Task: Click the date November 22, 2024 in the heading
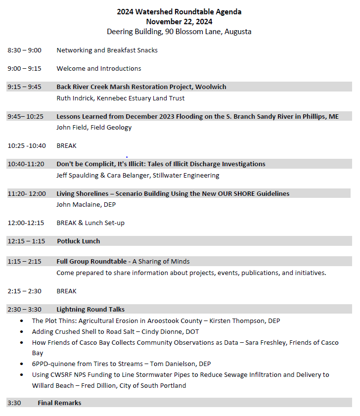[179, 21]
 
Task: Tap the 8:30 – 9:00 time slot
[24, 50]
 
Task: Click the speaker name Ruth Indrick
[75, 98]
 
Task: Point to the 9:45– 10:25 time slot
[25, 116]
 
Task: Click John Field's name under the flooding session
[73, 127]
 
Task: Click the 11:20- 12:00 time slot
[27, 193]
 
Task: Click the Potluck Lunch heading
[78, 241]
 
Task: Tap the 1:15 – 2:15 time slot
[24, 261]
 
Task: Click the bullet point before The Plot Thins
[21, 321]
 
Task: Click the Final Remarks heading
[59, 403]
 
